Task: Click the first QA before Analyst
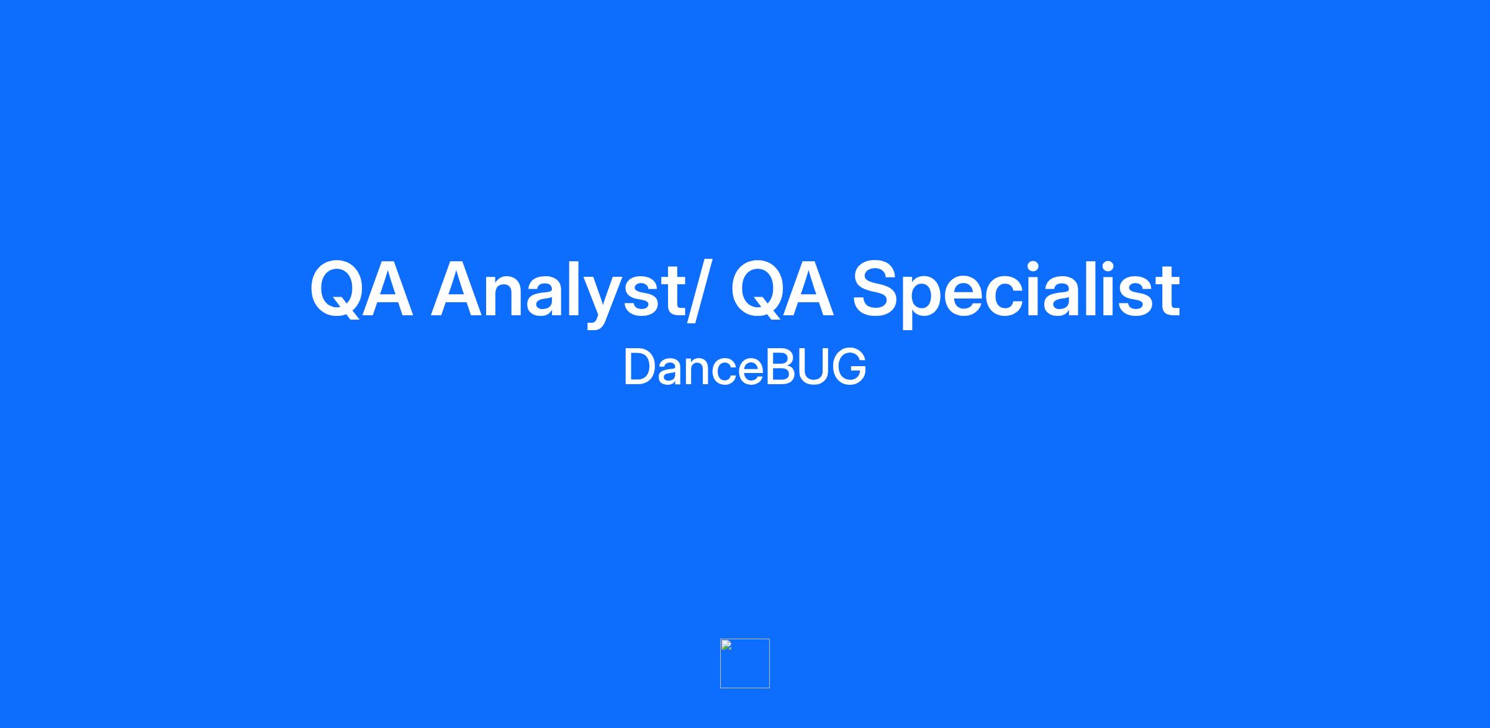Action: pyautogui.click(x=361, y=290)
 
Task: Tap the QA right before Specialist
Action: pyautogui.click(x=782, y=290)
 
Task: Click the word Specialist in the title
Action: pyautogui.click(x=1016, y=292)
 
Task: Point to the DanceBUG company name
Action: pyautogui.click(x=744, y=367)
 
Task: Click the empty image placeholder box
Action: pyautogui.click(x=745, y=663)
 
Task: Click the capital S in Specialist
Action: pyautogui.click(x=876, y=290)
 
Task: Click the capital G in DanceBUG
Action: pyautogui.click(x=847, y=367)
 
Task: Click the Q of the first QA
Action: pyautogui.click(x=336, y=290)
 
